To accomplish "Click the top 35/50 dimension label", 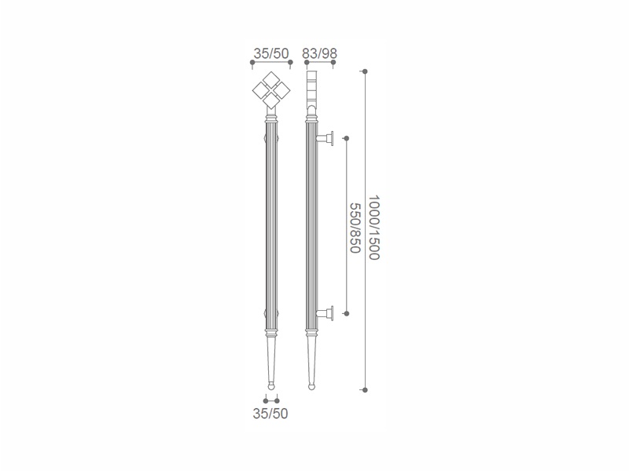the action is (271, 53).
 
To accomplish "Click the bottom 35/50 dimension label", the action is (270, 414).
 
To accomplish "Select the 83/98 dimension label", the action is (320, 53).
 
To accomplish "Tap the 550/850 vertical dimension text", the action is (355, 228).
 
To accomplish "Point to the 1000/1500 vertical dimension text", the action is (374, 228).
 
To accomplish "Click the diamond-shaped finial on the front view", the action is (271, 90).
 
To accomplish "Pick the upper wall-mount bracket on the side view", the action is (325, 139).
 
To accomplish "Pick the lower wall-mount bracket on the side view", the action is (325, 313).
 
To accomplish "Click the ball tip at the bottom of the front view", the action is (271, 386).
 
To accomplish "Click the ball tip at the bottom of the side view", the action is (311, 386).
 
